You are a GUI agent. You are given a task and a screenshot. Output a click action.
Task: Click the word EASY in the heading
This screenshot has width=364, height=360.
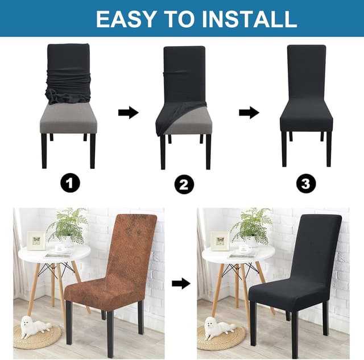coord(126,18)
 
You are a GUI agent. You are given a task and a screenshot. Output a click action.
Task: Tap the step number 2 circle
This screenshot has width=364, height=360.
coord(184,184)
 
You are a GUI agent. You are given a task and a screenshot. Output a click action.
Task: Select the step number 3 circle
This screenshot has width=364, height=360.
coord(306,183)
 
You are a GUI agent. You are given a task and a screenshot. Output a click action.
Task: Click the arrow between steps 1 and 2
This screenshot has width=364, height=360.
coord(128,113)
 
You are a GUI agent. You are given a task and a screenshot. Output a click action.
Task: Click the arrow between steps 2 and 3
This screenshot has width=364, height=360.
coord(249,113)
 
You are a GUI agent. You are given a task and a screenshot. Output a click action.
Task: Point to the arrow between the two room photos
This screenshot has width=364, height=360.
coord(181,283)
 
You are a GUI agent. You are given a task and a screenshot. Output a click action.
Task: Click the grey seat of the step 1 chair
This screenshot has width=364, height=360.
coord(68,119)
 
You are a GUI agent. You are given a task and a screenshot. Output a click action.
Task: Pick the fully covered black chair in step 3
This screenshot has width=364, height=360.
coord(306,97)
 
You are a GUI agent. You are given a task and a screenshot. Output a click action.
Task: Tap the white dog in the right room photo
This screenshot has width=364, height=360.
coord(219,327)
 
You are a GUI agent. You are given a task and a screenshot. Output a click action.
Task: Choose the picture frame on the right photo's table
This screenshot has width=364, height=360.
coord(220,240)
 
